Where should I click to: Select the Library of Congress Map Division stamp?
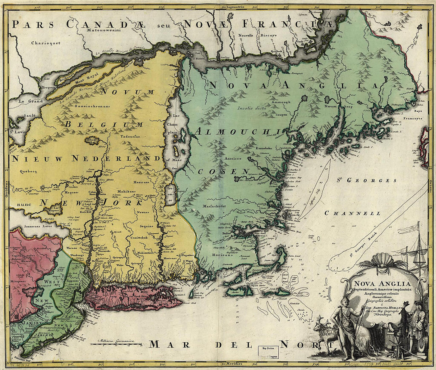[x=268, y=353]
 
